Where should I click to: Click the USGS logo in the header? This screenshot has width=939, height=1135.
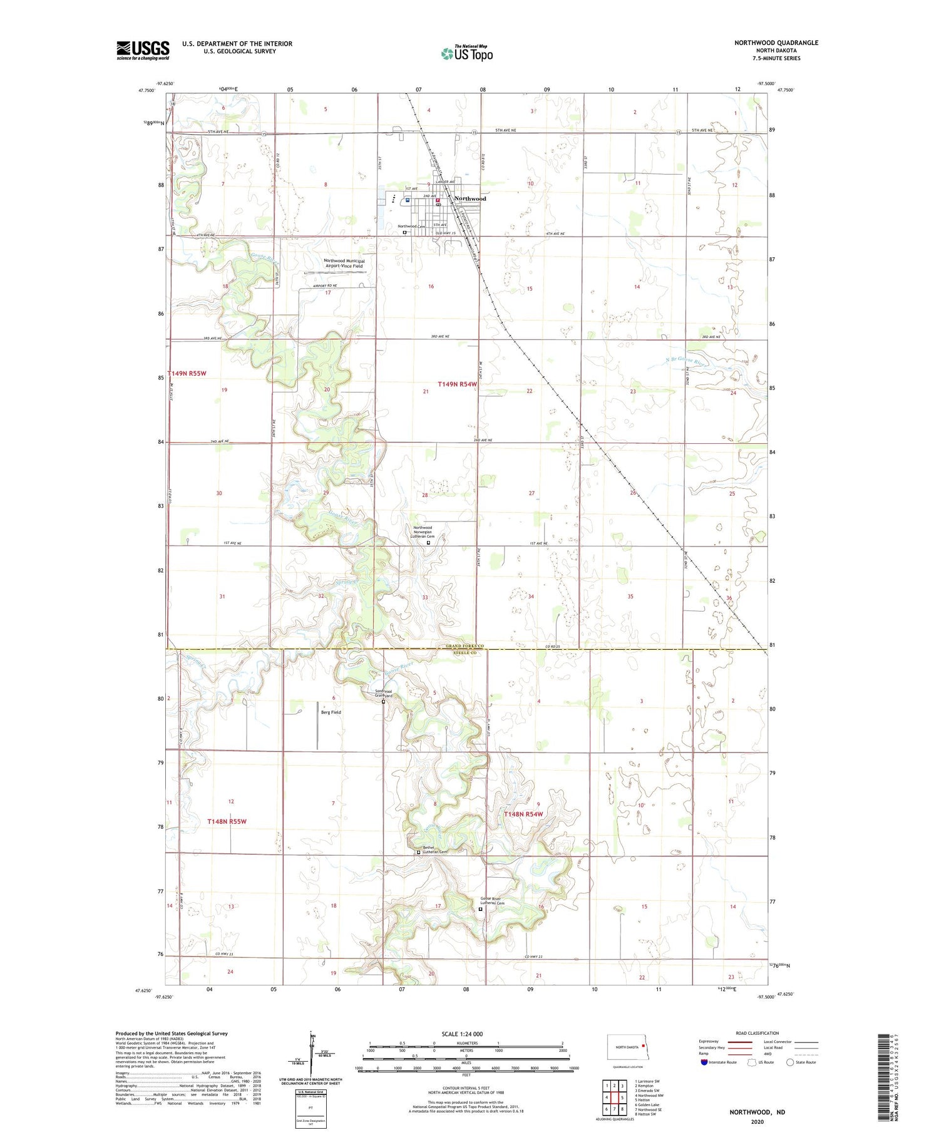[x=143, y=50]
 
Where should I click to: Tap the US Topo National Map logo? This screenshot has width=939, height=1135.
[x=467, y=53]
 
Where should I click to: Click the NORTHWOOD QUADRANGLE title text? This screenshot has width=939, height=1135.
[x=776, y=43]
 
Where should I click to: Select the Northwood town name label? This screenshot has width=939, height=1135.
[x=469, y=198]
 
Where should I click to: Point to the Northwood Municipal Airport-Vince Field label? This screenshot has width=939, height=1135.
[x=343, y=264]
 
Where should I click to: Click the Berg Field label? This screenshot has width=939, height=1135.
[x=331, y=712]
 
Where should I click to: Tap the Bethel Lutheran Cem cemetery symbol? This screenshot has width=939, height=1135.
[x=419, y=852]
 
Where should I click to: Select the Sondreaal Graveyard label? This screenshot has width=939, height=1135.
[x=383, y=694]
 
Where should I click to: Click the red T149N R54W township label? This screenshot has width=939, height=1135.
[x=457, y=384]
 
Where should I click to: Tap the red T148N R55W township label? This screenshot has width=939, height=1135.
[x=227, y=821]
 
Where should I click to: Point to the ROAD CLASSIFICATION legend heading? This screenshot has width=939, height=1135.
[x=757, y=1033]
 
